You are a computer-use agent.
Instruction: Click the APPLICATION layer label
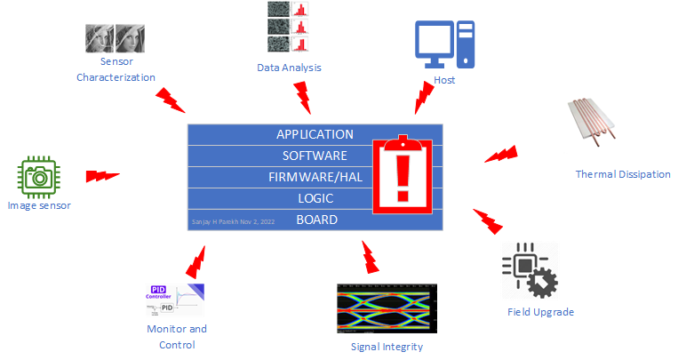(x=315, y=134)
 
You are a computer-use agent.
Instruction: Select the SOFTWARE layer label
(x=315, y=156)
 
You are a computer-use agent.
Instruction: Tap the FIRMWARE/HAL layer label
(x=315, y=177)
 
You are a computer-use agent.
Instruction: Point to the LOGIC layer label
(x=315, y=198)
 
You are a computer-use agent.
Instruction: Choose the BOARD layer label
(x=316, y=220)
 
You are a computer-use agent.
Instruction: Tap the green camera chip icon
(x=38, y=176)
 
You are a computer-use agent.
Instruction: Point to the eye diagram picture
(x=387, y=308)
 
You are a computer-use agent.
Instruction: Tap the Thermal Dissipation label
(x=623, y=174)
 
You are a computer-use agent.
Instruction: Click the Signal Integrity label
(x=387, y=347)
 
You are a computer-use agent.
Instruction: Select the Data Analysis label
(x=289, y=68)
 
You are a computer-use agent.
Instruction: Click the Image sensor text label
(x=38, y=206)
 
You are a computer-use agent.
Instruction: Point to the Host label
(x=444, y=81)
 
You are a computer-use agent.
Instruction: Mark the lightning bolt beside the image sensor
(x=102, y=175)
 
